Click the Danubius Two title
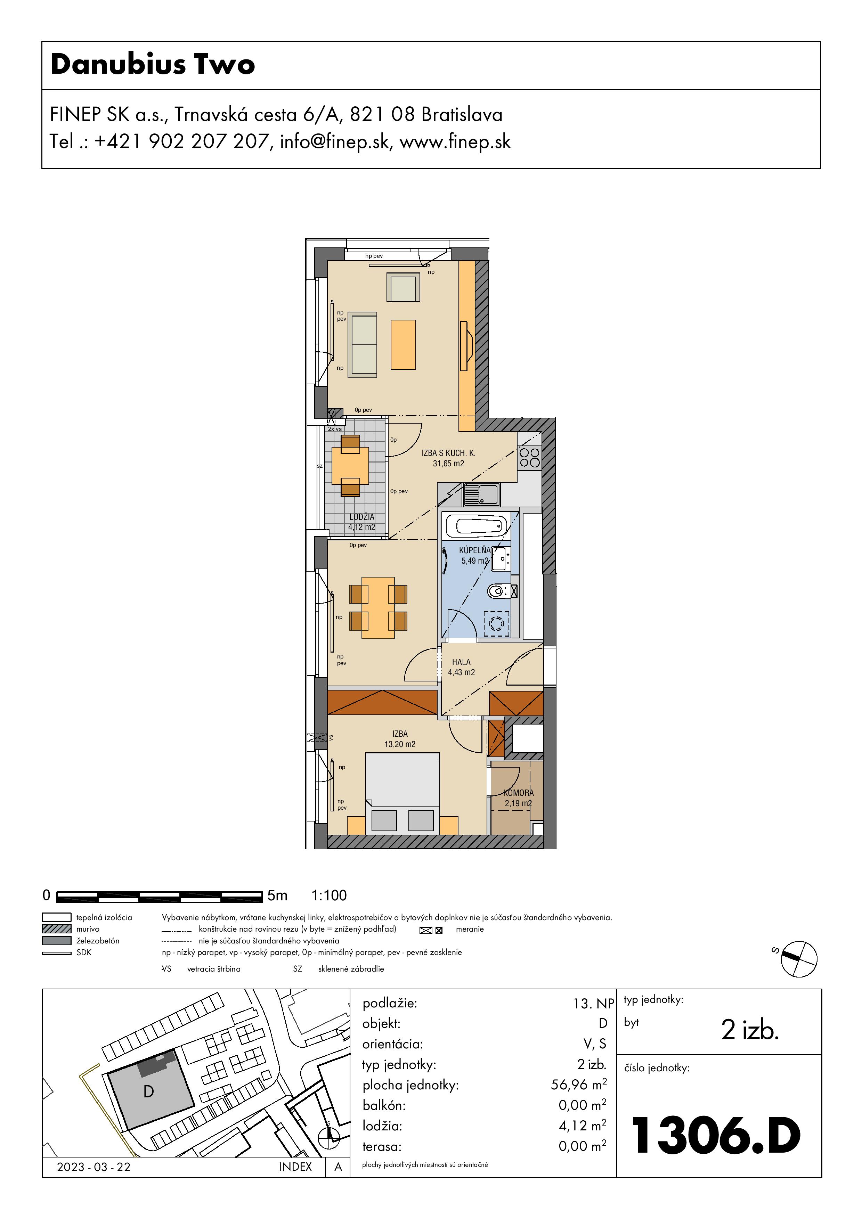[153, 64]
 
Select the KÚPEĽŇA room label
[475, 550]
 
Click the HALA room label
[461, 662]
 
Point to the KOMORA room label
[518, 793]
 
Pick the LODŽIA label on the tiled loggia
[362, 517]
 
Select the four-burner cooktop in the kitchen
[529, 458]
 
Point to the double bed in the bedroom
[402, 793]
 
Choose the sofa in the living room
[362, 345]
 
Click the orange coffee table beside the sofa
[403, 345]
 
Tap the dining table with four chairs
[378, 607]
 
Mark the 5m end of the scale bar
[262, 897]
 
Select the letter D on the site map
[149, 1091]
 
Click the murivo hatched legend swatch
[56, 929]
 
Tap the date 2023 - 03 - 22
[93, 1167]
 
